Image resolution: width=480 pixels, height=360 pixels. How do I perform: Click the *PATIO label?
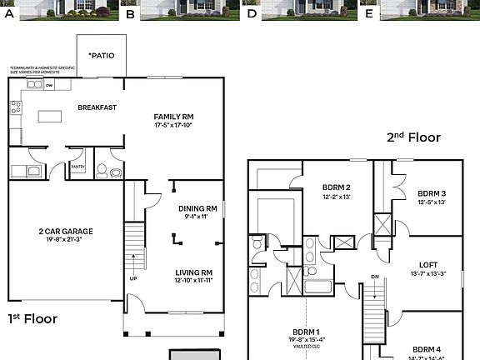click(101, 57)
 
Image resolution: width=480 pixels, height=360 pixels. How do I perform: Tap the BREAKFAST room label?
click(96, 107)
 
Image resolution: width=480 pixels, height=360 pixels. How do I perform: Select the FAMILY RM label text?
click(173, 117)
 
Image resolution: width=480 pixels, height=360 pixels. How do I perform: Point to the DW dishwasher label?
click(49, 85)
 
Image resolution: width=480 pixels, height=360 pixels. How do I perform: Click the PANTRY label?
click(77, 167)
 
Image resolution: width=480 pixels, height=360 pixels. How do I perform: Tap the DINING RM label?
click(197, 208)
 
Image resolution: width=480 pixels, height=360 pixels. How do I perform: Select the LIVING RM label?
click(193, 272)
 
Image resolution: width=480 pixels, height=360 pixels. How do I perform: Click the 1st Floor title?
click(32, 317)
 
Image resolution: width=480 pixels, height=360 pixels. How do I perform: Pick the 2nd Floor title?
click(412, 137)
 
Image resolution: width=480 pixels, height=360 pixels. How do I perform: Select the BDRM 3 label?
click(432, 192)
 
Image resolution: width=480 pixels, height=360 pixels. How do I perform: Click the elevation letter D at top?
click(252, 14)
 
